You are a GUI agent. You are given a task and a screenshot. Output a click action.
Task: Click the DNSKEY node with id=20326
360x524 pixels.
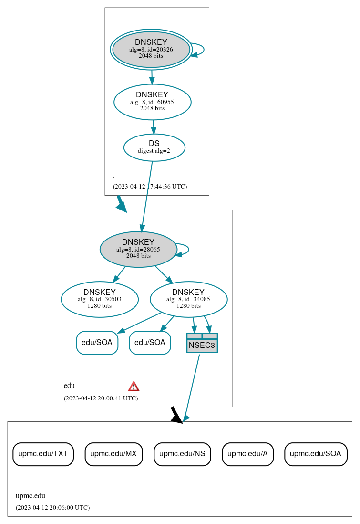coord(151,49)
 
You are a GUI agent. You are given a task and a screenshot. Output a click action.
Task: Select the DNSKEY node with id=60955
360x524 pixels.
coord(152,102)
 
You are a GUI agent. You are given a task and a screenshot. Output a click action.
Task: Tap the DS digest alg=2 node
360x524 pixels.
coord(154,147)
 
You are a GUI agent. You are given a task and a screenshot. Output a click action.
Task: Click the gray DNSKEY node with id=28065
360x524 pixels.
coord(138,249)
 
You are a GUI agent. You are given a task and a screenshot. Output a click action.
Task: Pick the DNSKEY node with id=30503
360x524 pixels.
coord(100,299)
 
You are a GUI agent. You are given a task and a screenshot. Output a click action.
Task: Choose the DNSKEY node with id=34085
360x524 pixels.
coord(188,299)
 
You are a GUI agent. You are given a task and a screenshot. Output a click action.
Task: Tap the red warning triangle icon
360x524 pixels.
coord(134,386)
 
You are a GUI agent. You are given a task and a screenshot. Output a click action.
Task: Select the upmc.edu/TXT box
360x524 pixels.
coord(43,454)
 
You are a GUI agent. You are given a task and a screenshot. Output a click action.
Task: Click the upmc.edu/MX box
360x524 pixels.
coord(113,454)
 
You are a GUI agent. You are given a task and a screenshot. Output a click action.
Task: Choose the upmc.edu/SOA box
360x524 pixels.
coord(316,454)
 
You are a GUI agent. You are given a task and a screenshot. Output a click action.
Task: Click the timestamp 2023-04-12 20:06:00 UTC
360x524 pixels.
coord(52,507)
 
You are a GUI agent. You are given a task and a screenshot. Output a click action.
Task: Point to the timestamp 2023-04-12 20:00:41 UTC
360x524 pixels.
coord(101,398)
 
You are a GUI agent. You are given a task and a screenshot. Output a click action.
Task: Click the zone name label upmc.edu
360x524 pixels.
coord(31,496)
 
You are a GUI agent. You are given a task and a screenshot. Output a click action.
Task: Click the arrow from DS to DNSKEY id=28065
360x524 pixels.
coord(146,196)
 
